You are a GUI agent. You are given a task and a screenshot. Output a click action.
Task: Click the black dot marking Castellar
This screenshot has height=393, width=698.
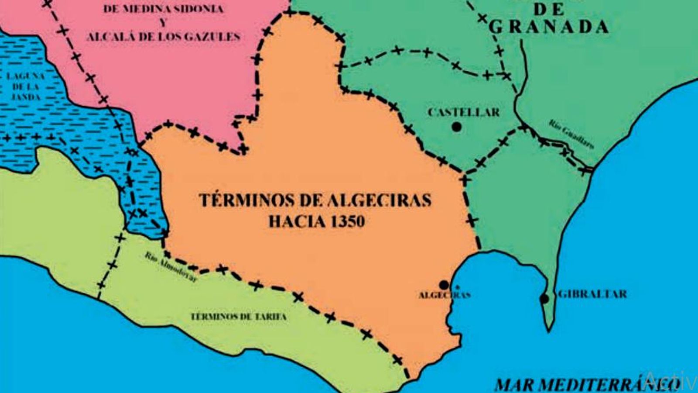[457, 127]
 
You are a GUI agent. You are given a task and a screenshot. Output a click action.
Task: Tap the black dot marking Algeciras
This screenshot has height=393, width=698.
[444, 285]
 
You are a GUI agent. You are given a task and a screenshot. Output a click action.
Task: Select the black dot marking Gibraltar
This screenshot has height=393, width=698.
[544, 299]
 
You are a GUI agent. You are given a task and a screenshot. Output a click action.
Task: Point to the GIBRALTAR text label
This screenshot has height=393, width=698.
[592, 294]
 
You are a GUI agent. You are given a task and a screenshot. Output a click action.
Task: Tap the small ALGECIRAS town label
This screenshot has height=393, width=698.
[445, 295]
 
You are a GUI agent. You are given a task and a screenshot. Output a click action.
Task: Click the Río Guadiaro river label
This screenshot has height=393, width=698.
[571, 134]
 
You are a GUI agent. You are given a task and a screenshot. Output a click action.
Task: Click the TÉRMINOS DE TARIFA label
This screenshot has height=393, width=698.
[239, 317]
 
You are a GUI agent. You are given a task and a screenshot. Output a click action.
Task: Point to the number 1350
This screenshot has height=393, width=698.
[348, 221]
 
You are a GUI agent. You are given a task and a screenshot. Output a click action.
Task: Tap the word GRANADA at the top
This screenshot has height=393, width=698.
[548, 27]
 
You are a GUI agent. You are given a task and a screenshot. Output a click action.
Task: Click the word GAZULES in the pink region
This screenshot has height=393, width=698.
[213, 37]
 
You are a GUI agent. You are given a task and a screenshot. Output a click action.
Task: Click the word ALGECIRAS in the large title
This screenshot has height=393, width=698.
[378, 200]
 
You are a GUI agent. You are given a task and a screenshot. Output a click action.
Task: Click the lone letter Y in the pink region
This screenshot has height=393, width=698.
[163, 23]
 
